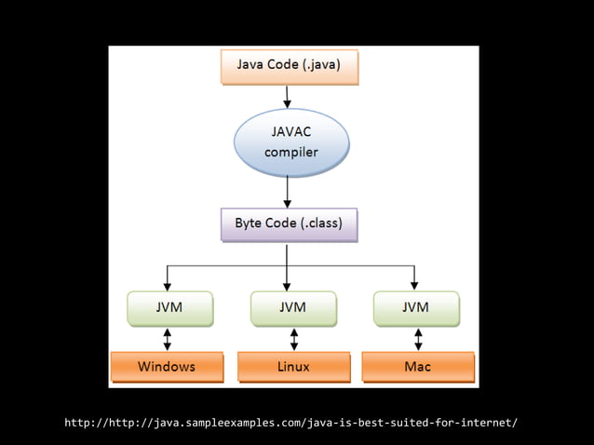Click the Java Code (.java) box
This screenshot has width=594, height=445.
[x=289, y=66]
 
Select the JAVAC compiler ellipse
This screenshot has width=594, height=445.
[x=290, y=142]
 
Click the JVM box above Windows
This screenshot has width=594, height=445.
[x=169, y=307]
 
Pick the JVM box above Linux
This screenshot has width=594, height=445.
[x=292, y=307]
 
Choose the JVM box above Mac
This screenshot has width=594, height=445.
[x=415, y=307]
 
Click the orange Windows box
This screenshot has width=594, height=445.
[x=168, y=366]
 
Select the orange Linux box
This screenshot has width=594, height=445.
[x=293, y=366]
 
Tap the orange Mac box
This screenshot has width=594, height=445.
[x=418, y=366]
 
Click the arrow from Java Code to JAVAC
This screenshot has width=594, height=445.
[x=288, y=97]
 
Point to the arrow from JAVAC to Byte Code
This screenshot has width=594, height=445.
[x=288, y=192]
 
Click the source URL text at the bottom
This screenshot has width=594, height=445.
[x=290, y=423]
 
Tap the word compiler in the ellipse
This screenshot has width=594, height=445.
[x=291, y=152]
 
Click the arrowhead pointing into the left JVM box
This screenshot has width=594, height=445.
[x=168, y=286]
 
